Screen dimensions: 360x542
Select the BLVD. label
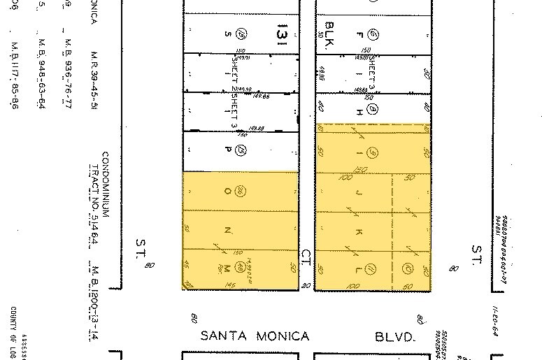click(395, 337)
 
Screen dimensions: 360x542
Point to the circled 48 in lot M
click(240, 266)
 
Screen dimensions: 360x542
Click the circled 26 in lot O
click(240, 191)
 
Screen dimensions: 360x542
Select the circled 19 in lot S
click(240, 33)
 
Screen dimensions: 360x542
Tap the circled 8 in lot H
click(373, 109)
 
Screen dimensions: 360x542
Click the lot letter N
click(226, 230)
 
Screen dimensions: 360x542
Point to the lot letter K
click(359, 231)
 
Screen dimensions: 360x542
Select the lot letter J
click(359, 191)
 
